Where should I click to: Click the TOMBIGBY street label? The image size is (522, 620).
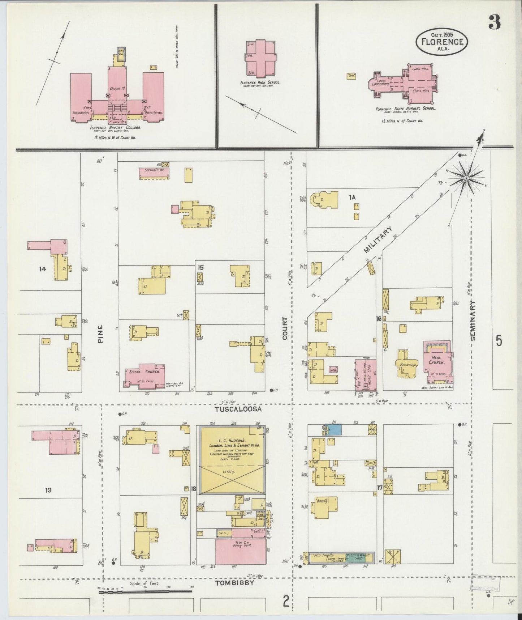[x=234, y=583]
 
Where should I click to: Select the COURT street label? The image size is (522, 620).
[x=285, y=328]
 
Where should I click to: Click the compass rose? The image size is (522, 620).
[x=466, y=178]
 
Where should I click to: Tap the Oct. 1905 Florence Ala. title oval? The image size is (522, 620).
[x=442, y=41]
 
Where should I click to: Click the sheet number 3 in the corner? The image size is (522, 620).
[x=495, y=23]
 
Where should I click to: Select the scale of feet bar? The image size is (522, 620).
[x=145, y=592]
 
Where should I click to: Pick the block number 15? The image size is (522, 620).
[x=200, y=268]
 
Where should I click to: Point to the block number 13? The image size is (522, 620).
[x=48, y=490]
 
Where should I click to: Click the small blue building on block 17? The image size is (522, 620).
[x=335, y=429]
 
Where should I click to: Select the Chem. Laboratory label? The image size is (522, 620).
[x=383, y=82]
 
